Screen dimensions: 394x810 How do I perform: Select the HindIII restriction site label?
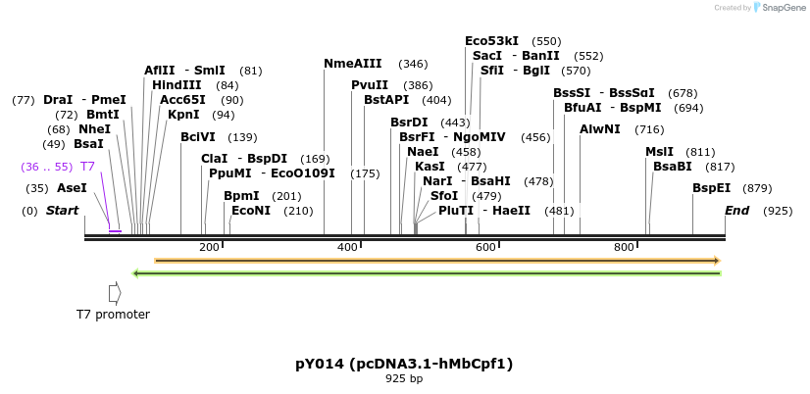pos(177,85)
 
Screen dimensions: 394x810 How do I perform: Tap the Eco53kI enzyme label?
pos(491,41)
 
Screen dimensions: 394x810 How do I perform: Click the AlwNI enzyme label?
pos(599,129)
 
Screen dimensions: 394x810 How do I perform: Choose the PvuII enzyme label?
pos(370,85)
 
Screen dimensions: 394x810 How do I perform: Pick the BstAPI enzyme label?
pos(386,100)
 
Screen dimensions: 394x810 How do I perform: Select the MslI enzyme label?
pos(659,152)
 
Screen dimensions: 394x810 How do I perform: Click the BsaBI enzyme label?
pos(673,167)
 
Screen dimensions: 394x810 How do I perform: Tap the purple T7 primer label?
pos(87,167)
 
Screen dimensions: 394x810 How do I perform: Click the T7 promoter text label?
pos(113,315)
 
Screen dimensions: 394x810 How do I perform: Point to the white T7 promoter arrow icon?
pos(115,293)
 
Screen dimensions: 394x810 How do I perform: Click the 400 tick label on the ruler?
pos(348,247)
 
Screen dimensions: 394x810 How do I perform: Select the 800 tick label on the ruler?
pos(625,247)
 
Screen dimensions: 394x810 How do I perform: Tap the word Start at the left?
pos(62,211)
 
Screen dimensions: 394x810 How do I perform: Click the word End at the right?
pos(736,211)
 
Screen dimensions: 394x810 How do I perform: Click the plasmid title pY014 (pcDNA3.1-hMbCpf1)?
pos(404,364)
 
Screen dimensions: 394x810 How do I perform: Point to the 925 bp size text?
pos(404,378)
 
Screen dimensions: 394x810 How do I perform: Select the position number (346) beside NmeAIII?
pos(413,65)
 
